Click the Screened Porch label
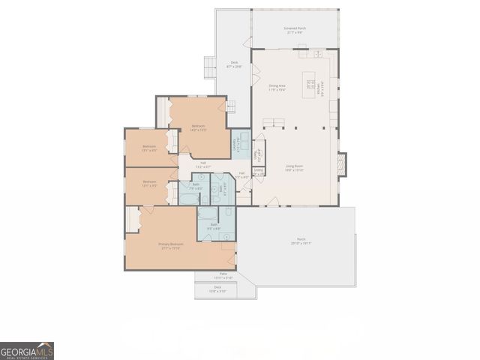[294, 31]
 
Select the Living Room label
[293, 168]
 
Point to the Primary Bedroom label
[170, 245]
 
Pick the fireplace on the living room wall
[343, 165]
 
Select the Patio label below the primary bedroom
[223, 275]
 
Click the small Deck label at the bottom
[217, 288]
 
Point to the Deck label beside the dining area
[234, 65]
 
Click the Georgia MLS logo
[27, 351]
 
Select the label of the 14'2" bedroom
[198, 127]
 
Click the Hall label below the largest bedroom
[202, 164]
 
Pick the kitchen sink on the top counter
[318, 53]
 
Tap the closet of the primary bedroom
[133, 220]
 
